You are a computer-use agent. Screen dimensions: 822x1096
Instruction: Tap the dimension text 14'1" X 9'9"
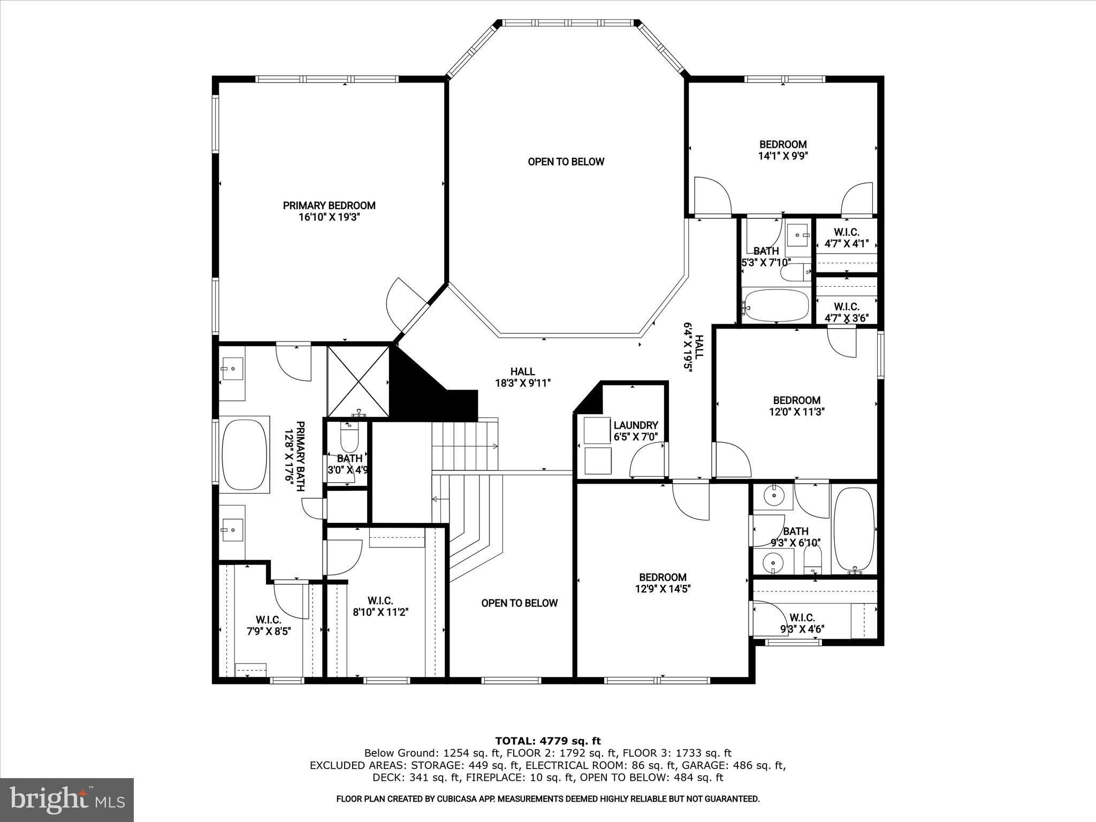[x=782, y=156]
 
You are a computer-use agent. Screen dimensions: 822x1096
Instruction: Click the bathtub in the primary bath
[x=244, y=454]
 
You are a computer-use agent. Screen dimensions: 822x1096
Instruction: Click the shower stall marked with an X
[x=358, y=382]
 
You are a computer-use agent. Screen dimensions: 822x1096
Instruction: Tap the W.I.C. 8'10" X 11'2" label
[x=380, y=606]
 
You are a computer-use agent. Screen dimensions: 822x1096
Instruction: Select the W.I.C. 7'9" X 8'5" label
[x=268, y=625]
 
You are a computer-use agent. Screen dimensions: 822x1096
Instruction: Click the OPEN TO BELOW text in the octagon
[x=566, y=162]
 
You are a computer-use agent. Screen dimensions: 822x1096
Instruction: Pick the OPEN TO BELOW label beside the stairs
[x=519, y=603]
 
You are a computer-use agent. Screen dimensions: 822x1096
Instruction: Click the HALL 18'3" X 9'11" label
[x=522, y=377]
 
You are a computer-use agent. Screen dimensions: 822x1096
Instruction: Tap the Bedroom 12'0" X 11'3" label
[x=796, y=406]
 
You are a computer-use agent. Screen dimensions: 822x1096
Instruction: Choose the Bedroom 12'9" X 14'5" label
[x=663, y=583]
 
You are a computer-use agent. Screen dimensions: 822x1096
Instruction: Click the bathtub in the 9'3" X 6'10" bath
[x=854, y=530]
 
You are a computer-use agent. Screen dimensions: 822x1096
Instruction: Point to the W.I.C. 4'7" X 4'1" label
[x=846, y=238]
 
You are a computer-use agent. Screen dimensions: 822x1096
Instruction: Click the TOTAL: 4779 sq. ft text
[x=547, y=741]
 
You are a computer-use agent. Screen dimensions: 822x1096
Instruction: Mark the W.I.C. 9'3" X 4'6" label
[x=802, y=623]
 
